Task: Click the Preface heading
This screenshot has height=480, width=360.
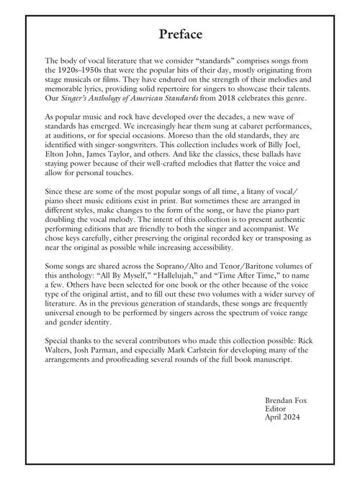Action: click(180, 34)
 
